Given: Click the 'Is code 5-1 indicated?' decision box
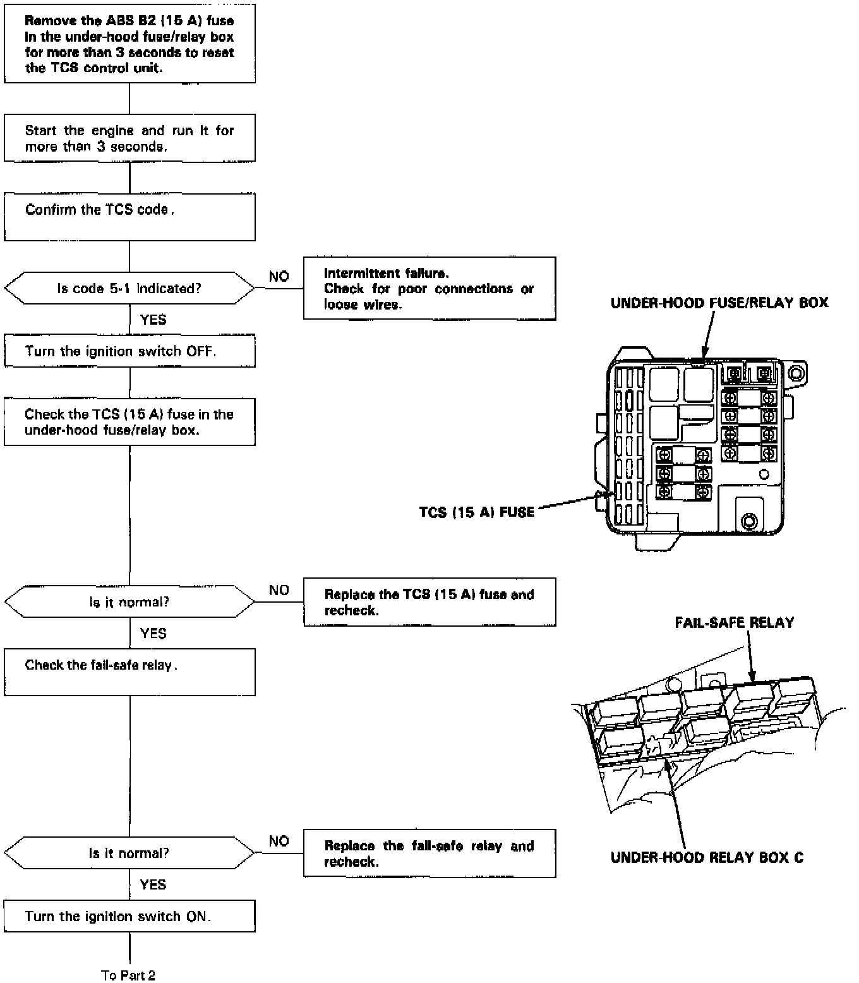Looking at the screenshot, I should pos(129,289).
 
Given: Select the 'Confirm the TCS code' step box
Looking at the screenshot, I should pos(129,217).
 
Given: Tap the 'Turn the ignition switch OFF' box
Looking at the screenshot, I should pos(129,351).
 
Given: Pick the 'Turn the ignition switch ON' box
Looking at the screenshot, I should pos(129,916).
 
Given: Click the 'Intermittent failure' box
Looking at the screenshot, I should pos(429,289).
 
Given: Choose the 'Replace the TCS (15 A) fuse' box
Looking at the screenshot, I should pos(429,602).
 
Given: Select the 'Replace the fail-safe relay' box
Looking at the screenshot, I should pos(429,853).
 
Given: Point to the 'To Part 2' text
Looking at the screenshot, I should pos(128,975).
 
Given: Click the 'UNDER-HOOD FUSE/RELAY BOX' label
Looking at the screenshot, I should pos(719,303).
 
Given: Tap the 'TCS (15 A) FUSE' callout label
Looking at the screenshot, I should pos(477,512).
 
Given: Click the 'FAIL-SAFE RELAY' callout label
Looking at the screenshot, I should pos(734,623).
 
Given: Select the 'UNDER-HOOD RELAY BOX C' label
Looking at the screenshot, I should pos(707,858).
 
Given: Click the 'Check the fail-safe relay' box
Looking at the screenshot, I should pos(129,672).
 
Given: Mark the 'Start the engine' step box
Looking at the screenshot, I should pos(129,138).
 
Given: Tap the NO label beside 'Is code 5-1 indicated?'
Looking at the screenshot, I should pos(279,277).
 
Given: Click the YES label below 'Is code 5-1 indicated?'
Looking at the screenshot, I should pos(153,320).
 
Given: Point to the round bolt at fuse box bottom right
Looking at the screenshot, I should pos(750,522).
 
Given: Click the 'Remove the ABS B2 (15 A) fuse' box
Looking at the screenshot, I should pos(129,44).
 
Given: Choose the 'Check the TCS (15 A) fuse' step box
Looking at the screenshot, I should pos(129,422).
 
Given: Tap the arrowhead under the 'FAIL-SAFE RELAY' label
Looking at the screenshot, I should pos(752,678).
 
